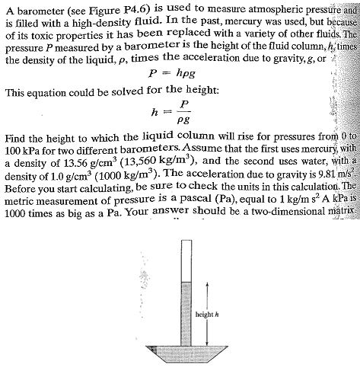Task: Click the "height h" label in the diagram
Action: coord(208,313)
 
